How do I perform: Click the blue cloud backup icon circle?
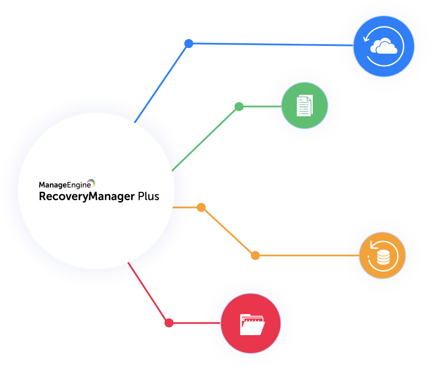[x=384, y=46]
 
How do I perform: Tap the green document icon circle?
[x=305, y=106]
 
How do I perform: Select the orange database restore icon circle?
[x=382, y=256]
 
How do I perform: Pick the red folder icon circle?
[x=250, y=323]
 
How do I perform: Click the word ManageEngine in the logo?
[x=65, y=185]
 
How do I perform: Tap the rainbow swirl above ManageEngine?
[x=91, y=183]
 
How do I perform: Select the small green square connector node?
[x=239, y=106]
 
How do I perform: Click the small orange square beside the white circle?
[x=201, y=207]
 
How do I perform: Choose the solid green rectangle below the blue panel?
[x=241, y=165]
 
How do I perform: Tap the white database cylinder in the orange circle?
[x=383, y=257]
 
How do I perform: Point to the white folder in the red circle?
[x=252, y=324]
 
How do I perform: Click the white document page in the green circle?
[x=304, y=106]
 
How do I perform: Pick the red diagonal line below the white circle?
[x=138, y=278]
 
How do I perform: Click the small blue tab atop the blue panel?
[x=189, y=41]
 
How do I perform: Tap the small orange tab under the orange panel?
[x=255, y=258]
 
